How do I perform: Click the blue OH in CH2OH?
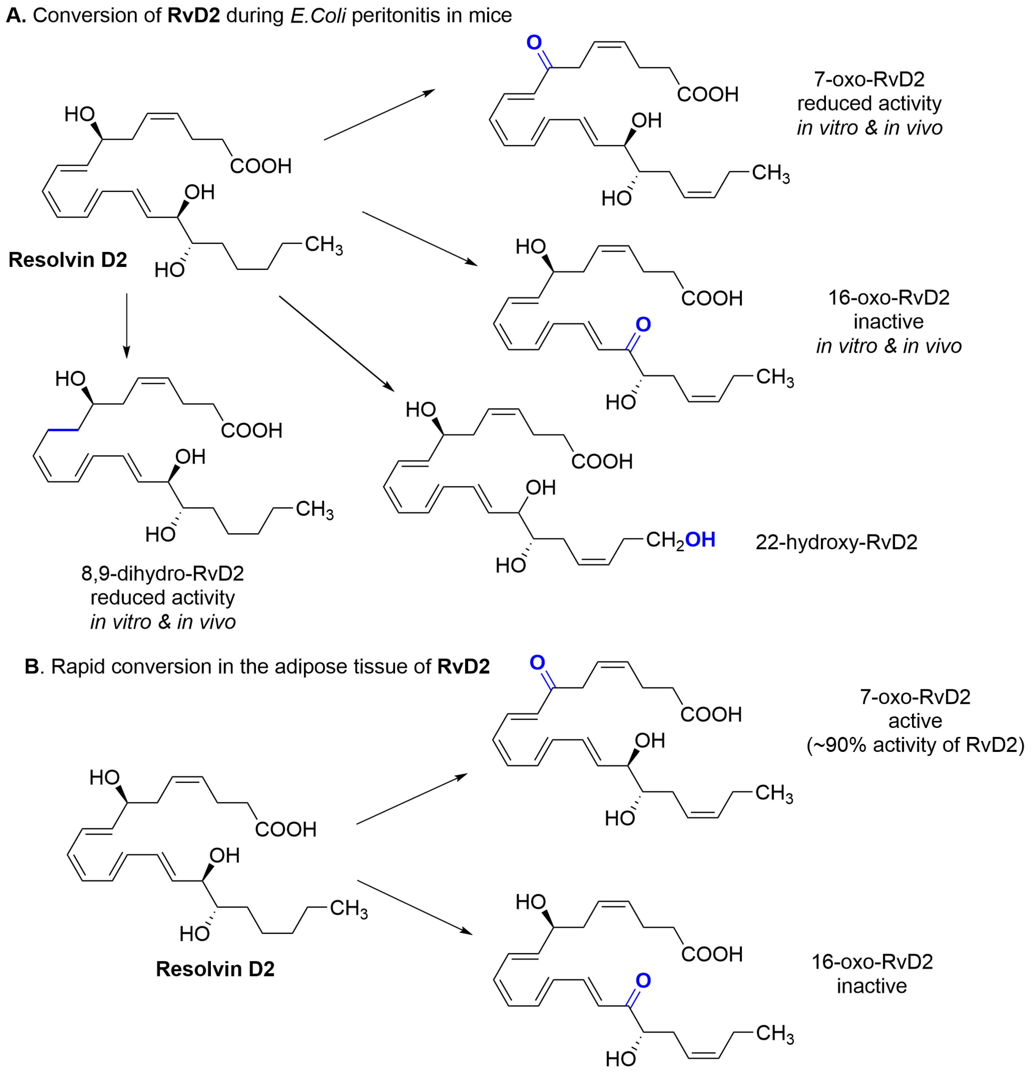click(x=700, y=540)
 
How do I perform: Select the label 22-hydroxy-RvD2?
click(x=836, y=542)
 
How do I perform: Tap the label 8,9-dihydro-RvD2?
click(x=163, y=573)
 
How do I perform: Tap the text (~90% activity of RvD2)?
click(x=915, y=745)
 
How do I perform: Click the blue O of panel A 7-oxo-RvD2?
click(x=534, y=42)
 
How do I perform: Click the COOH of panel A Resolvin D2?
click(x=261, y=166)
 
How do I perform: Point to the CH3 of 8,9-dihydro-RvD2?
click(x=314, y=509)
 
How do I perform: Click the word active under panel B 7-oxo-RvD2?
click(x=915, y=721)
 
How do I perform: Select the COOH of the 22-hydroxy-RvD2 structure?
click(x=602, y=461)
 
